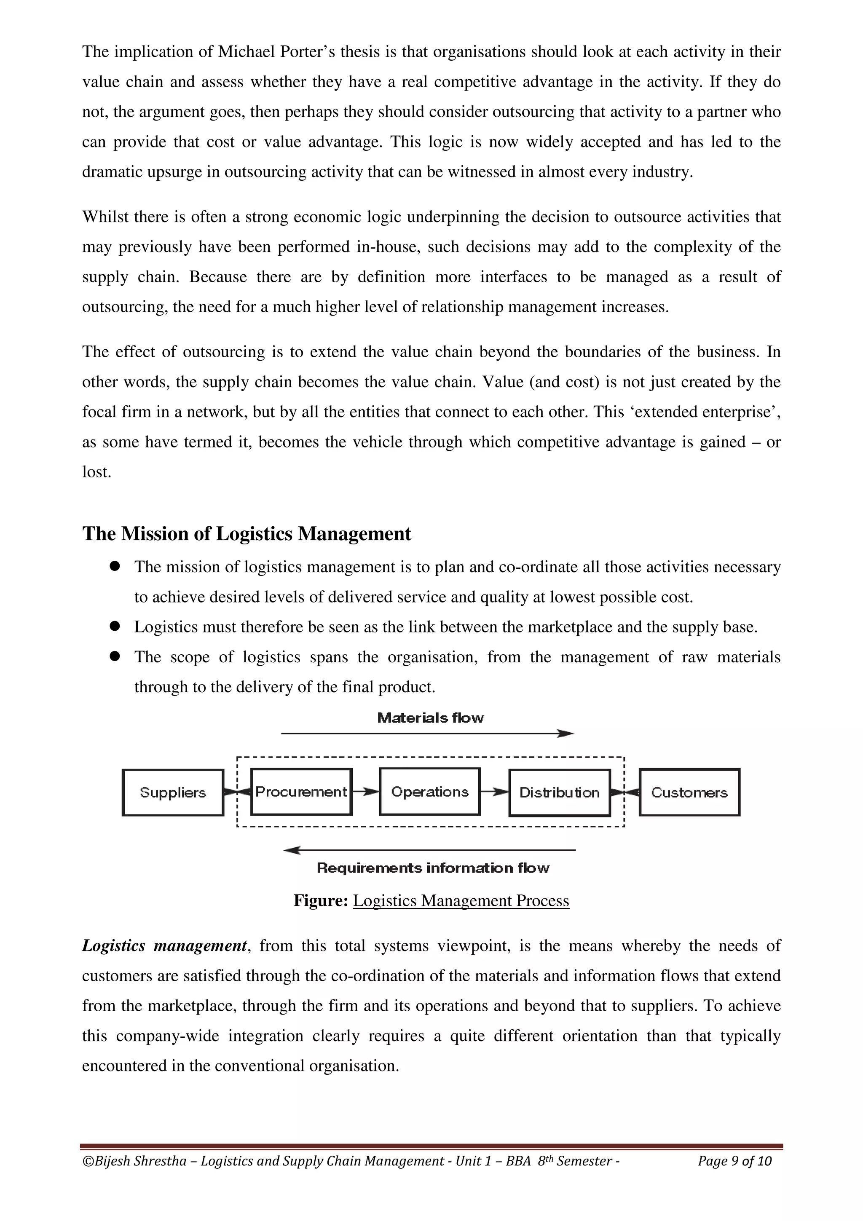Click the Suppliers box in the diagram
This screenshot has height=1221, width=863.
[x=173, y=793]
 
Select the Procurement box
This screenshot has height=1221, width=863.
[x=301, y=792]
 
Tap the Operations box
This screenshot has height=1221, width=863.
[x=430, y=792]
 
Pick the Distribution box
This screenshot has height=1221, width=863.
[x=559, y=793]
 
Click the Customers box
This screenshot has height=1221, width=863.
[x=689, y=793]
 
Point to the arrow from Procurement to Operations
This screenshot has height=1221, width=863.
[x=366, y=792]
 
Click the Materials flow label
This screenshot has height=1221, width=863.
[x=431, y=718]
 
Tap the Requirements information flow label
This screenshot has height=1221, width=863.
[x=433, y=868]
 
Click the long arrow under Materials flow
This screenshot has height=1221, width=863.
[x=428, y=734]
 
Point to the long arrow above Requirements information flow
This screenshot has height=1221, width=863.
[x=430, y=850]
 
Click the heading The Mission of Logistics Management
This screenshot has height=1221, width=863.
[x=247, y=533]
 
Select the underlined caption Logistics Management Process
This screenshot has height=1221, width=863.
[x=461, y=900]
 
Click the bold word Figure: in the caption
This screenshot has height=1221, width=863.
[x=321, y=900]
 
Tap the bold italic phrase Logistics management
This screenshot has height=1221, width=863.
[x=164, y=945]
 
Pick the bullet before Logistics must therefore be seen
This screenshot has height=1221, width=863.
[x=114, y=627]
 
